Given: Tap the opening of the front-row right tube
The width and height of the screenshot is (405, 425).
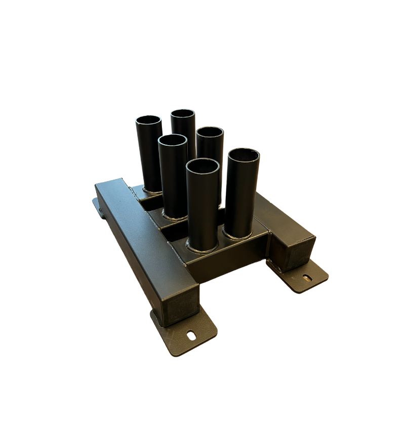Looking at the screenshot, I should [x=243, y=156].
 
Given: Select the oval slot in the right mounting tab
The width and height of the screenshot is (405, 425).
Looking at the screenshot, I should [x=307, y=277].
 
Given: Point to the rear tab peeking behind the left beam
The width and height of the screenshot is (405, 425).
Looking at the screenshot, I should [x=97, y=206].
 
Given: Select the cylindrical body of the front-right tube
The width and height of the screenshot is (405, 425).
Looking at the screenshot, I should [x=241, y=197].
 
